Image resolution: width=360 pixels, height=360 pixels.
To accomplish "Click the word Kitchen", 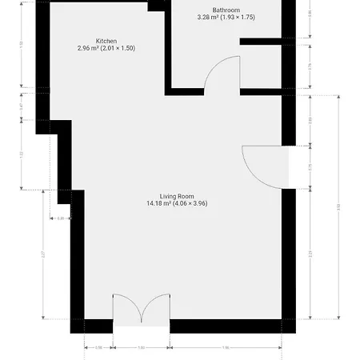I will (x=106, y=41).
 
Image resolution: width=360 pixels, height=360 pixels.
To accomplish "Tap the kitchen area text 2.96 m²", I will (x=106, y=49).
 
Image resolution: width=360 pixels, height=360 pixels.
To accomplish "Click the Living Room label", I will (x=177, y=196).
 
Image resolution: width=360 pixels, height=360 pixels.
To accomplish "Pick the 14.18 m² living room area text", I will (x=177, y=204).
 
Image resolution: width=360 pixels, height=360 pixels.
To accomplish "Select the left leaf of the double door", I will (x=126, y=308).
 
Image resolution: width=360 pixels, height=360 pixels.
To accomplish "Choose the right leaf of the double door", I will (x=155, y=308).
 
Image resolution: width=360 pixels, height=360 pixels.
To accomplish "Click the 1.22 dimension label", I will (x=21, y=154).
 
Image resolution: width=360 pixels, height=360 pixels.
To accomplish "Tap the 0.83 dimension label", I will (x=310, y=121).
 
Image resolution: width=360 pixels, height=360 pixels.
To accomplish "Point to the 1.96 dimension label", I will (x=226, y=348).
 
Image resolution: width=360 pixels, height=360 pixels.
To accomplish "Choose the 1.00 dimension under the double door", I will (x=141, y=348).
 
